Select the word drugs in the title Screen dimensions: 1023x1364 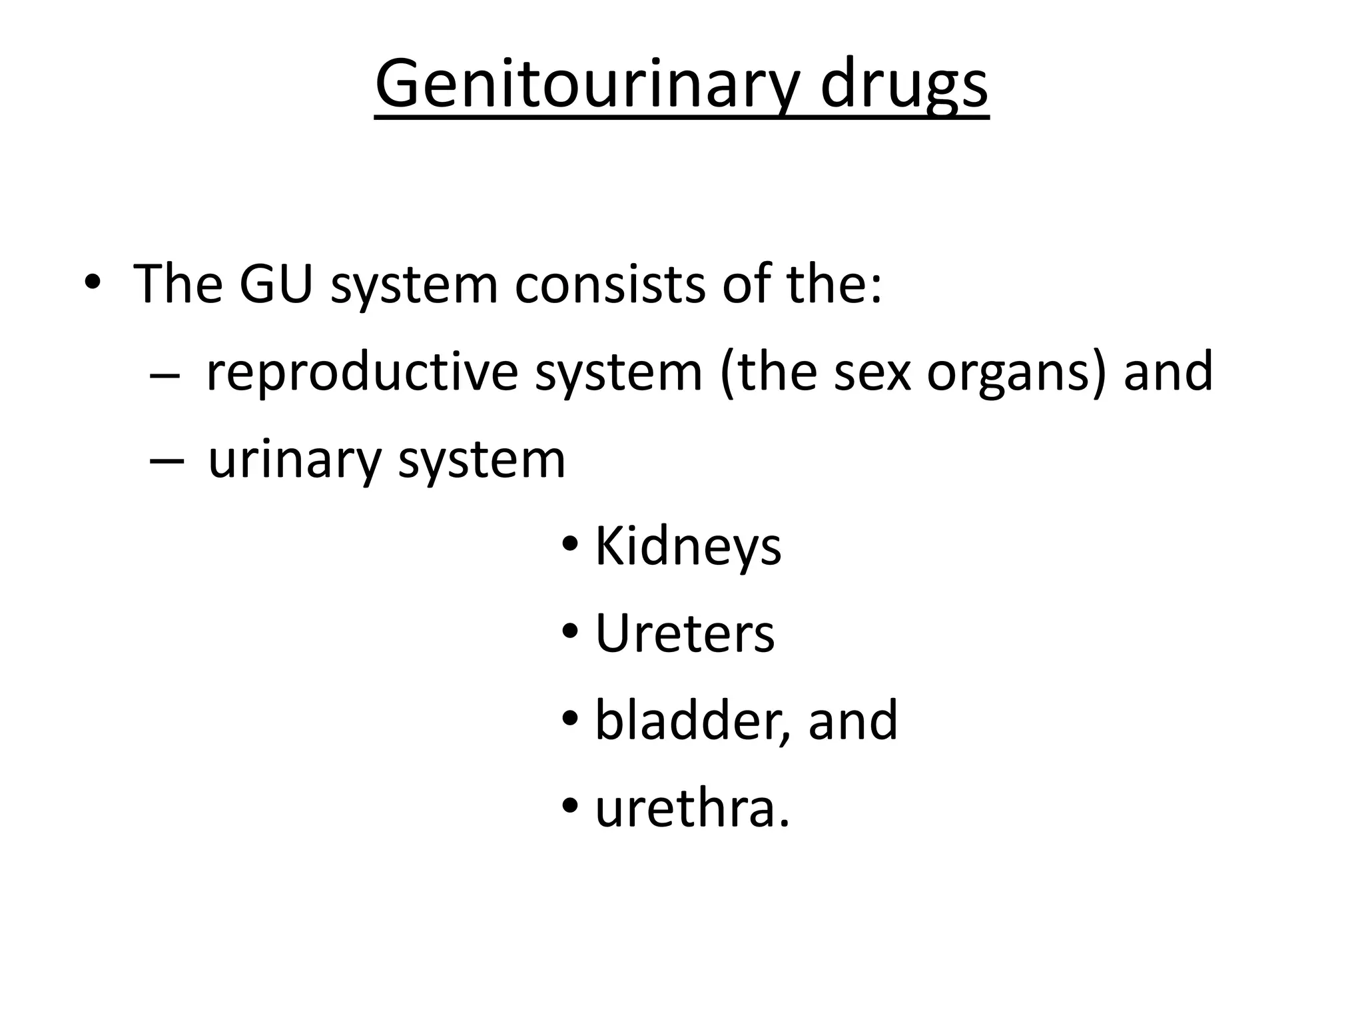point(904,85)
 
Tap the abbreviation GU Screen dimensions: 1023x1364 point(276,284)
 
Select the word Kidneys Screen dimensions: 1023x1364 point(687,547)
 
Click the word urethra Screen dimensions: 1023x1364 point(691,809)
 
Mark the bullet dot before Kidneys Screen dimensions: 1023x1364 point(570,544)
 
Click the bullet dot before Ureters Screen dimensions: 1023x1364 point(570,631)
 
